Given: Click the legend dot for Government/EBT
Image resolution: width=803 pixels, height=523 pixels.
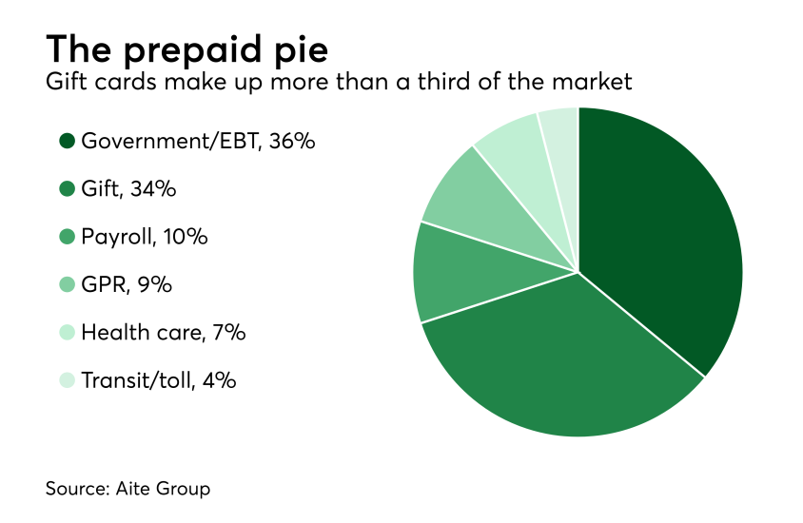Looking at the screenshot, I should coord(67,142).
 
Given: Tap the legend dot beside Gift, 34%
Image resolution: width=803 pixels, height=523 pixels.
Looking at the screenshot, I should coord(67,189).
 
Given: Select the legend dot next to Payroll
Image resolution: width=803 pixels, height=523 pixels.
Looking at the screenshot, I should coord(67,237).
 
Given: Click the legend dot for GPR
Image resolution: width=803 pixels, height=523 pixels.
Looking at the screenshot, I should coord(67,284).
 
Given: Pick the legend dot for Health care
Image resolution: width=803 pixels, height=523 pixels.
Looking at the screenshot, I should coord(67,333).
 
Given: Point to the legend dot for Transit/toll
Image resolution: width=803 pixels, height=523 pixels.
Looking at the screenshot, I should coord(67,380).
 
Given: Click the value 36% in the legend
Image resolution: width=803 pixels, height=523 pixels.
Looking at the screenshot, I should coord(290,142).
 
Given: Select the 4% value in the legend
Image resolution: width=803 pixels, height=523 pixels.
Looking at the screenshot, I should coord(218,380).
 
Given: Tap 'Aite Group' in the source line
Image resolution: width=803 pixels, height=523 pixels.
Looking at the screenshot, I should coord(164,489).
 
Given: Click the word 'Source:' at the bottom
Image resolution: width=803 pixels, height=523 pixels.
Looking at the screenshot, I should coord(79,489).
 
